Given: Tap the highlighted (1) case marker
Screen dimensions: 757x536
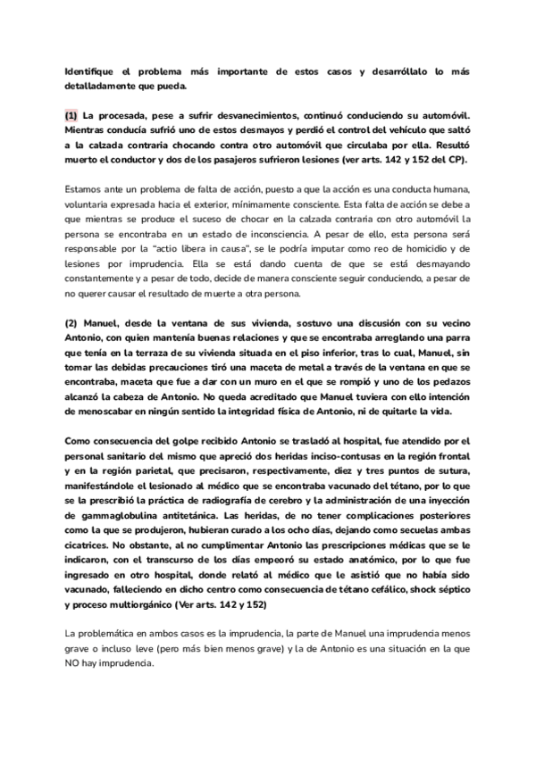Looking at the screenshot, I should [x=71, y=116].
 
